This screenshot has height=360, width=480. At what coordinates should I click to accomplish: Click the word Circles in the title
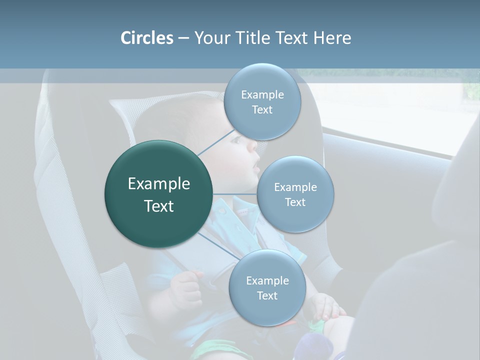click(x=146, y=38)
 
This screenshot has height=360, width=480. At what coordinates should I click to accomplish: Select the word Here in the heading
click(x=332, y=38)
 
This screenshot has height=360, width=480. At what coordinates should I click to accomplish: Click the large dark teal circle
click(x=158, y=194)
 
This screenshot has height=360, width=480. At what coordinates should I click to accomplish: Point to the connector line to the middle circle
click(x=235, y=193)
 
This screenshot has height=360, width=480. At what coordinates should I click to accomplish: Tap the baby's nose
click(x=252, y=145)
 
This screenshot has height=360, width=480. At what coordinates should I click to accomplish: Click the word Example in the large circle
click(x=158, y=184)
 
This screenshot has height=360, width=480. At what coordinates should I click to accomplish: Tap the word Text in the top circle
click(x=262, y=110)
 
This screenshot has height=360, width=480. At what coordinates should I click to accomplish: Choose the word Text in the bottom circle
click(x=267, y=296)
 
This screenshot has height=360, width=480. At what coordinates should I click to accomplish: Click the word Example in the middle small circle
click(x=295, y=187)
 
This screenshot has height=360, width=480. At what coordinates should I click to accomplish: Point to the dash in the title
click(x=183, y=38)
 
